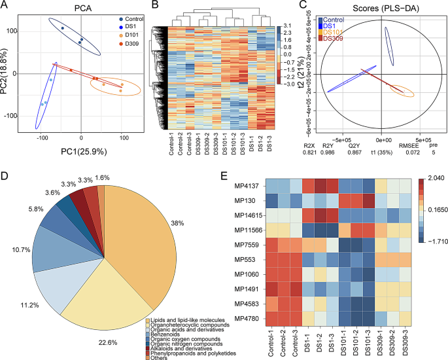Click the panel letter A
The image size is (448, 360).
[6, 6]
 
